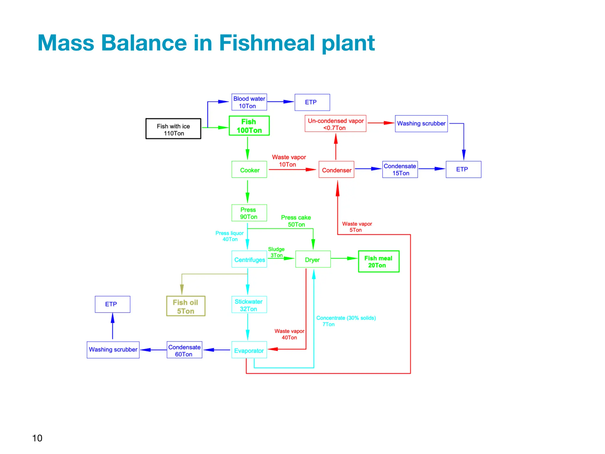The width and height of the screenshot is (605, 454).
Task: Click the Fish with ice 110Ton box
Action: click(173, 129)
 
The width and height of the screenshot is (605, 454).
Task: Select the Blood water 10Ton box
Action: click(249, 102)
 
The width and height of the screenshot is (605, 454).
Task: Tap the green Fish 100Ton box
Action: click(249, 126)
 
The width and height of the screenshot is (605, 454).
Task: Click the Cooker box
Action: click(249, 170)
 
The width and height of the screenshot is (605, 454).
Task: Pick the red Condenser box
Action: click(336, 170)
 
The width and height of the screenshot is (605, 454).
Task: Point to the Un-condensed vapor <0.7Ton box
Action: click(335, 124)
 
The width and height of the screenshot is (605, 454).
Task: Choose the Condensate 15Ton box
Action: click(400, 170)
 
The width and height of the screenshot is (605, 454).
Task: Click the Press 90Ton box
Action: click(249, 213)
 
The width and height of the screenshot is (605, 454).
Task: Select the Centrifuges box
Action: click(249, 259)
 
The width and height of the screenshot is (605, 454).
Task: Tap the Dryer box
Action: click(313, 259)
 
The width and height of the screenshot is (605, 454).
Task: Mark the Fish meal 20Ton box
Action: click(378, 261)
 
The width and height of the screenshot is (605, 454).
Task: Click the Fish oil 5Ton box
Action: click(186, 306)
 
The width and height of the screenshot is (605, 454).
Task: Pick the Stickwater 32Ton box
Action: click(249, 305)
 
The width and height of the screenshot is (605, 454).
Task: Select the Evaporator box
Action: click(249, 350)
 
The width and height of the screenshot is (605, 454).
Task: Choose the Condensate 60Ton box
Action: click(184, 350)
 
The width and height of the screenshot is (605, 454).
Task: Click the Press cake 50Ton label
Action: click(296, 221)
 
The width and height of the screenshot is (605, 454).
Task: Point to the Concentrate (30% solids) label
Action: click(346, 318)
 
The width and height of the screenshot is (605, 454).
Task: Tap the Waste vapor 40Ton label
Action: click(289, 334)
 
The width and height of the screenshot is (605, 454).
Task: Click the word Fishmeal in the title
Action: click(267, 43)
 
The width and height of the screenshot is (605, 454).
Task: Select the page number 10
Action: click(37, 438)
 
